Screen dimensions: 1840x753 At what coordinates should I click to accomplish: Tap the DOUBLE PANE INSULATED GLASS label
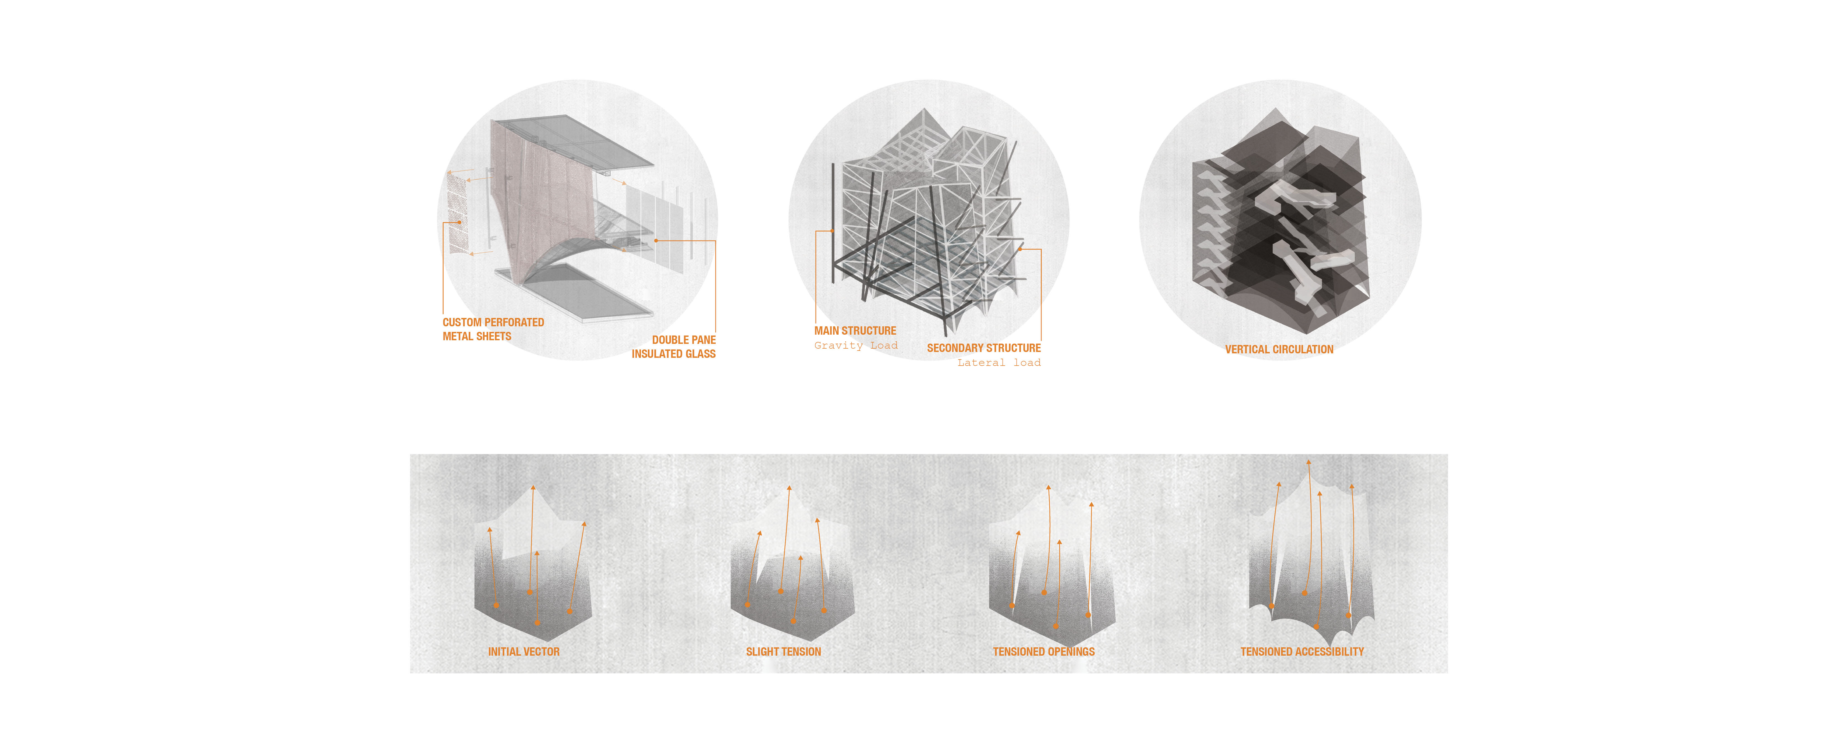pos(674,346)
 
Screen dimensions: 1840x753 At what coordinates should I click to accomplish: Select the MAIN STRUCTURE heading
pos(855,331)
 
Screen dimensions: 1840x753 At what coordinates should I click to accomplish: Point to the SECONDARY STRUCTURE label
pos(984,348)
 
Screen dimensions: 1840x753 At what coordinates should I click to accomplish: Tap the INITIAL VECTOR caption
pos(524,651)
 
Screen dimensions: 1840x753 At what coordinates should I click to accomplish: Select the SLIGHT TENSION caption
pos(784,651)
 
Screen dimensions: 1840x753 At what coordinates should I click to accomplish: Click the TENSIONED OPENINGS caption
pos(1044,651)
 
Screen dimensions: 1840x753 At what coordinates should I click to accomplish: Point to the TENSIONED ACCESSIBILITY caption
pos(1302,651)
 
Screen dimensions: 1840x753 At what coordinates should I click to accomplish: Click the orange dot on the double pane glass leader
pos(656,241)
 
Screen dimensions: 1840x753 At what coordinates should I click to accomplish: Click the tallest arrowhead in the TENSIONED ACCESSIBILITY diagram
pos(1309,463)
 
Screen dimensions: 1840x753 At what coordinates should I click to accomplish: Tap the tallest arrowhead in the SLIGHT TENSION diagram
pos(789,489)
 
